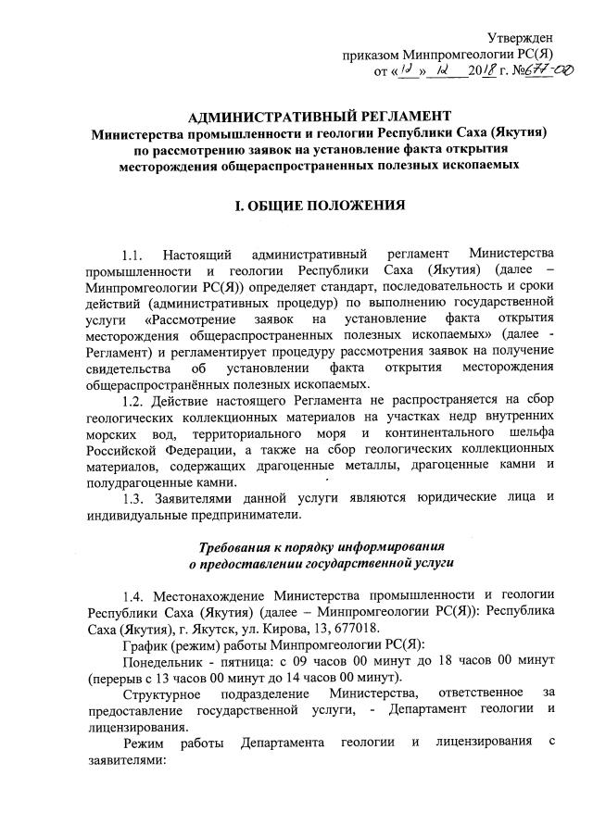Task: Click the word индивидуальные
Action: (x=137, y=515)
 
